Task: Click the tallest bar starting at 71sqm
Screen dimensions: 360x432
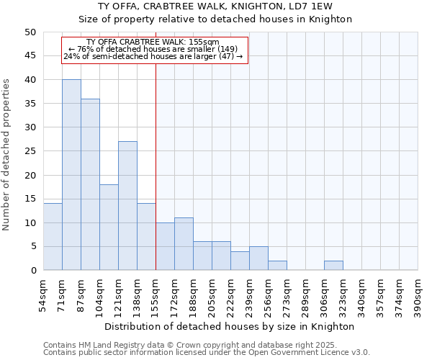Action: pos(71,175)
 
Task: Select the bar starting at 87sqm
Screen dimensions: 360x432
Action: pos(90,184)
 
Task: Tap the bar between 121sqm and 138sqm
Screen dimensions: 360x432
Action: pos(127,206)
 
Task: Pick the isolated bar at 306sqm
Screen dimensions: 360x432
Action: pos(333,266)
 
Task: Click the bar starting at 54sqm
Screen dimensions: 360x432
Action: pos(53,237)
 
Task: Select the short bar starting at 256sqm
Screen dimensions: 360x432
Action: pos(277,266)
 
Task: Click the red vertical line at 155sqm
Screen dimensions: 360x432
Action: pos(156,166)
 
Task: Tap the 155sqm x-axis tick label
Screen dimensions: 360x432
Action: pos(156,295)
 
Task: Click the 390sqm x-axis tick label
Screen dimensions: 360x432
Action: pos(418,295)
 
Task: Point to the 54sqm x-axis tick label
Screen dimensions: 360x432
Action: pos(44,295)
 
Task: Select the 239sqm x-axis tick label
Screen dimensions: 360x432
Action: pos(249,295)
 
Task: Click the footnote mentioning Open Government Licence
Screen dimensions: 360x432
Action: pos(207,353)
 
